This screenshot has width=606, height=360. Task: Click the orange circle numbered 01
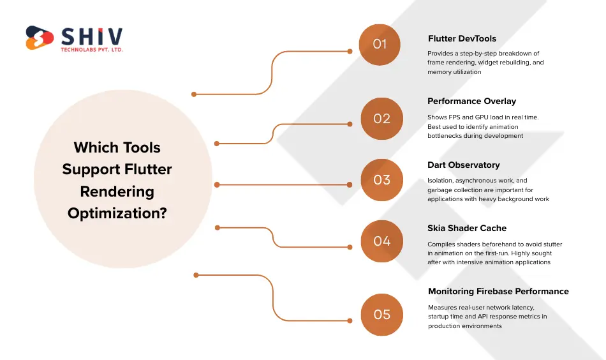381,45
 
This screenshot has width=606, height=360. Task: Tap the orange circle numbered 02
381,119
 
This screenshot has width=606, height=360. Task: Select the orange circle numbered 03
381,180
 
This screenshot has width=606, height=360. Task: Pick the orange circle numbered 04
381,241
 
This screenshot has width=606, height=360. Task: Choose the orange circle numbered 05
381,315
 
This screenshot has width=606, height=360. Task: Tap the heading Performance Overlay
471,101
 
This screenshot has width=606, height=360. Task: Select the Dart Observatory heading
463,165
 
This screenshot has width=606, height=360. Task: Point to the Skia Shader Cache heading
467,228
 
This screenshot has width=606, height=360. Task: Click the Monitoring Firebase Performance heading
498,291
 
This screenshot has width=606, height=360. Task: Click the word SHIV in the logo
92,36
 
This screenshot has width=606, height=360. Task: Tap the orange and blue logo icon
40,38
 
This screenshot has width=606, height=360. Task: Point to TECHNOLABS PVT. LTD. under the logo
92,49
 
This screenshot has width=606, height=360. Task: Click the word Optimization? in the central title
117,213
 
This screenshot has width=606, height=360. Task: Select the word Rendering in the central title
117,191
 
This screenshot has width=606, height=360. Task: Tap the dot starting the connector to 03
217,184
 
